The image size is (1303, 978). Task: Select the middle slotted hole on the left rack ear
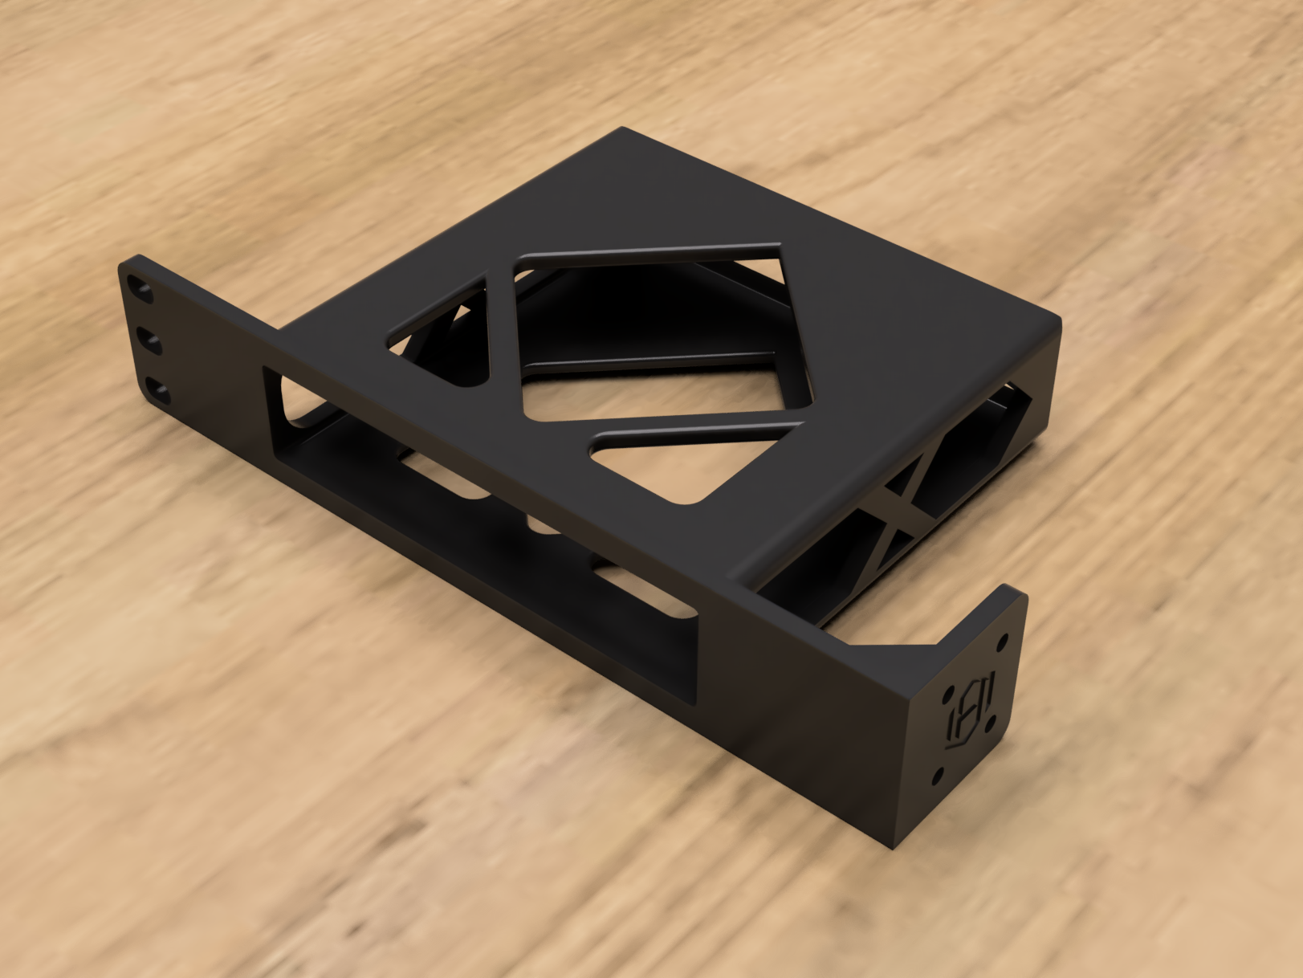(x=149, y=342)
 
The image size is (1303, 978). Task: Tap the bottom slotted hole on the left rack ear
(x=158, y=393)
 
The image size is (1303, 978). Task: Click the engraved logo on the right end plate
(x=969, y=707)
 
